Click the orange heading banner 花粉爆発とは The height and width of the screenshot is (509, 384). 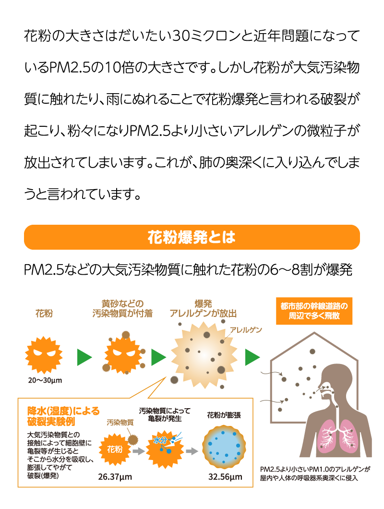pos(192,237)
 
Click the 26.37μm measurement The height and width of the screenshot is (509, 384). pos(115,477)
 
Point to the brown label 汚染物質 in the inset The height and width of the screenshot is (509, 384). pos(120,423)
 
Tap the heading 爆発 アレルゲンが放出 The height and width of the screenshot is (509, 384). pos(203,309)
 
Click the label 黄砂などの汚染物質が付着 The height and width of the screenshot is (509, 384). pos(122,309)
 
